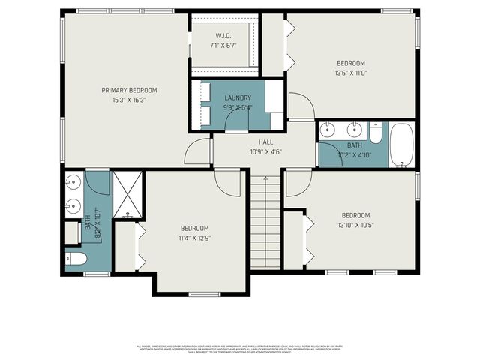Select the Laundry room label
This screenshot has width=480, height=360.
(238, 98)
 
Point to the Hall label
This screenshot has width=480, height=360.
(266, 142)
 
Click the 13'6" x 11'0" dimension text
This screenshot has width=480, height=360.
(350, 73)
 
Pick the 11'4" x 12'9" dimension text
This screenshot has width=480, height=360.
(194, 238)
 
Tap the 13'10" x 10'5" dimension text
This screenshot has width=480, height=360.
(356, 225)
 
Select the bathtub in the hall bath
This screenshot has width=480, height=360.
(401, 145)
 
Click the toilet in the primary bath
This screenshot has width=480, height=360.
(76, 259)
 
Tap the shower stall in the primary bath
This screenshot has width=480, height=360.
(128, 196)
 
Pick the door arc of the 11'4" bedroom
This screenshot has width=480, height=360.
(227, 182)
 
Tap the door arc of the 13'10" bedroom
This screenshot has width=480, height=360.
(298, 183)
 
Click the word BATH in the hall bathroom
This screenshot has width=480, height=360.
(355, 145)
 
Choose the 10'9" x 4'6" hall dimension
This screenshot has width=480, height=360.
(266, 151)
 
